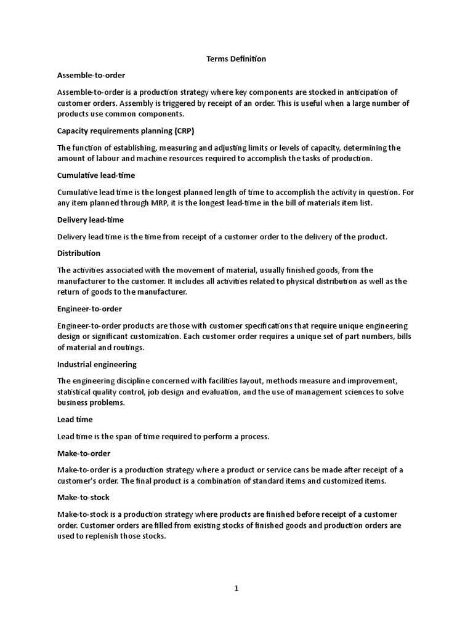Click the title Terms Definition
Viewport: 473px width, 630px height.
(x=235, y=59)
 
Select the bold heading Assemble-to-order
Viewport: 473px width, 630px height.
(x=91, y=75)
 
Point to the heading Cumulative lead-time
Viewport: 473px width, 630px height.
(x=95, y=175)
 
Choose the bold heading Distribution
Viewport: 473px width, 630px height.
(x=79, y=253)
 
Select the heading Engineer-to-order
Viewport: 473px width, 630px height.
(x=89, y=308)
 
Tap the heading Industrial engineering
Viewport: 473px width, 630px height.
(x=97, y=364)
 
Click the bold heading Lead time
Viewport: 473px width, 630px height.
(x=75, y=420)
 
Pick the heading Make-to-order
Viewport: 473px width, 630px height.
(x=84, y=453)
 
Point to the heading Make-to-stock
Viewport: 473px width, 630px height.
(x=83, y=497)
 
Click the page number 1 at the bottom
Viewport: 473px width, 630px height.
(x=236, y=588)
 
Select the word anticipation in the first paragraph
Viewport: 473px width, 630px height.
(x=359, y=92)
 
